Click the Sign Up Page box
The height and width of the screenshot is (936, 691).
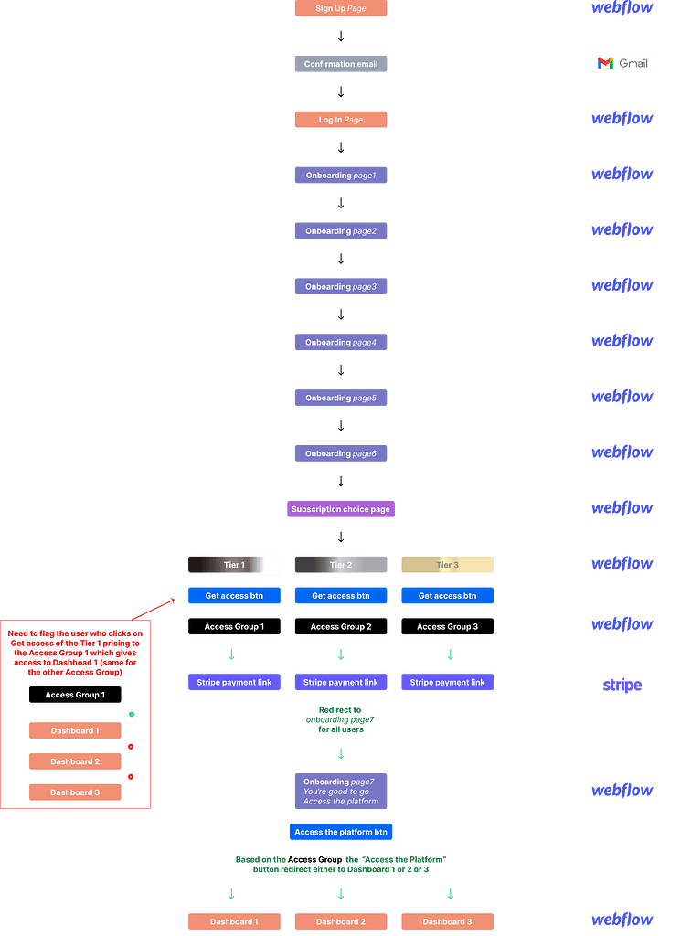[x=340, y=8]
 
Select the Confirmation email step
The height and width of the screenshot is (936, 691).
[x=340, y=64]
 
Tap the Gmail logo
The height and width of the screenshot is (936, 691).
[x=622, y=63]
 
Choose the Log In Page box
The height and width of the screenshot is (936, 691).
[x=340, y=120]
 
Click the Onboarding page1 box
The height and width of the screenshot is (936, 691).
[x=340, y=175]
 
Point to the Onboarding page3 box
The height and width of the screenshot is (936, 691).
[x=340, y=287]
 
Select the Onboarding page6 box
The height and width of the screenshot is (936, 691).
[x=340, y=453]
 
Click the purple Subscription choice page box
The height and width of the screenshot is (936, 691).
[x=340, y=509]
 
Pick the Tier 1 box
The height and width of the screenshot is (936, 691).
[x=234, y=565]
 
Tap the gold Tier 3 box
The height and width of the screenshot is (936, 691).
[x=447, y=565]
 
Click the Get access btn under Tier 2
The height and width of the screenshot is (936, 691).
[x=340, y=596]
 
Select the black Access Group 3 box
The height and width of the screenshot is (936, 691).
[x=447, y=627]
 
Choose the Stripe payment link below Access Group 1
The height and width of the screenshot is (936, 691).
[x=234, y=682]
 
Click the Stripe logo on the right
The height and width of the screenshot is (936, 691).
[x=622, y=686]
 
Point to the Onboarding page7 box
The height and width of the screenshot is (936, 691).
[x=340, y=792]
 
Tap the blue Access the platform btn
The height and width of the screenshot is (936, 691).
[x=340, y=832]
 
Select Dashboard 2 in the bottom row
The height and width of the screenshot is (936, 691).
[x=340, y=921]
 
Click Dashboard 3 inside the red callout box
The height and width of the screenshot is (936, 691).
[x=75, y=792]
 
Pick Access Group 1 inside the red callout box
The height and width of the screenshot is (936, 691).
[x=75, y=695]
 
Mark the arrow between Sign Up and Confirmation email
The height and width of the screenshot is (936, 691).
[x=340, y=37]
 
